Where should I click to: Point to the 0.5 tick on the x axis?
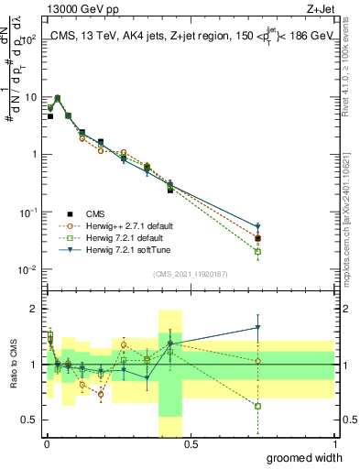coord(190,443)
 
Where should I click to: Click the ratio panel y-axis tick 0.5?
coord(31,420)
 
